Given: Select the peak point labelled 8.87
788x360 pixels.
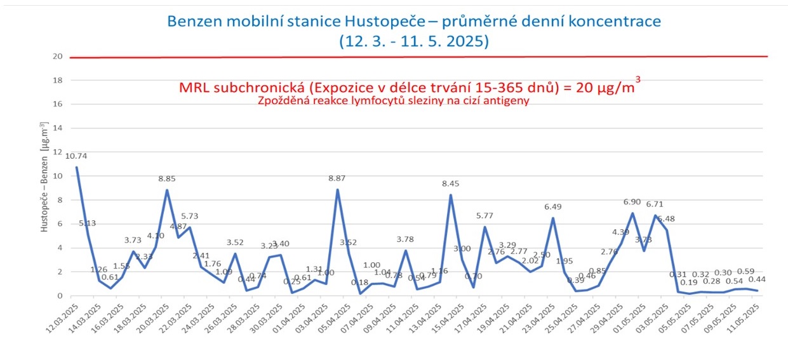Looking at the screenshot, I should [x=337, y=190].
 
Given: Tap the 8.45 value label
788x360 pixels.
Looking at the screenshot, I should [x=450, y=183].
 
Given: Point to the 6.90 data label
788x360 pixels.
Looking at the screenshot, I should [x=632, y=201].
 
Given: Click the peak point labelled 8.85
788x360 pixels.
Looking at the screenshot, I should [x=167, y=190].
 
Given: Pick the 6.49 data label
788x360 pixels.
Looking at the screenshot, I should [x=553, y=207].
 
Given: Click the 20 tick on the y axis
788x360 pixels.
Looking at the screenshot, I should [x=57, y=57].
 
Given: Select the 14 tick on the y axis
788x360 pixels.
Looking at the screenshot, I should [x=57, y=128].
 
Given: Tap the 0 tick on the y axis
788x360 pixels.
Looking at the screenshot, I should [x=60, y=295].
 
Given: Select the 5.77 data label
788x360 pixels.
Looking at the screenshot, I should [x=484, y=216].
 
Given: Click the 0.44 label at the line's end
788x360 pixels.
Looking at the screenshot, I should [x=757, y=279].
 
